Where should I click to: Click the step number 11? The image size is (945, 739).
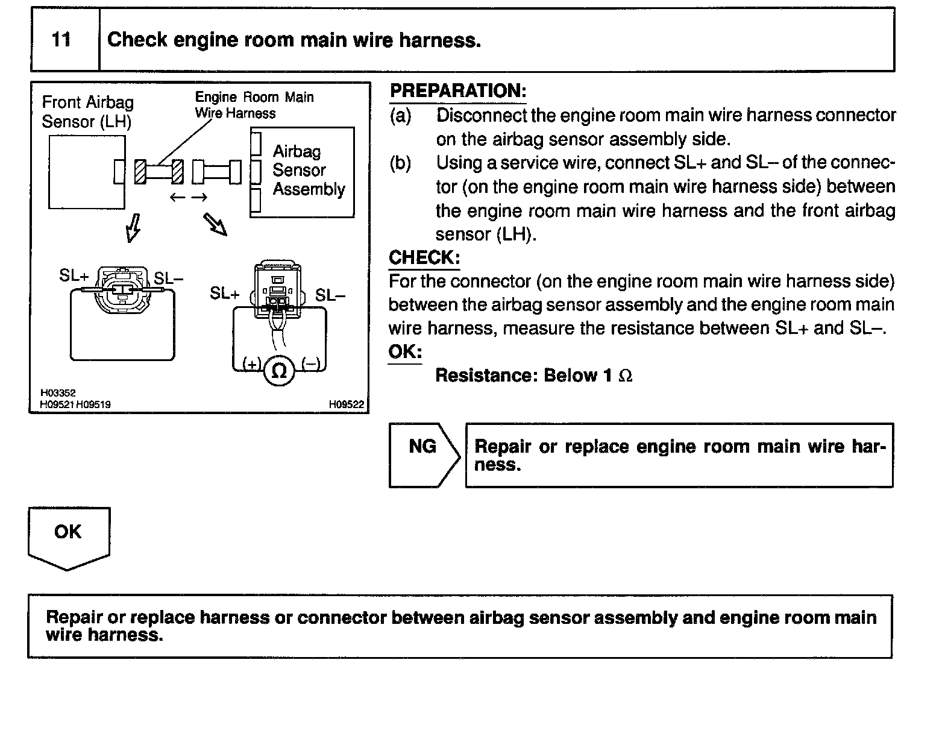click(61, 40)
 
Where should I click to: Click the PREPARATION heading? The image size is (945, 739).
click(458, 91)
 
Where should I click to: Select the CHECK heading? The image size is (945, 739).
click(424, 257)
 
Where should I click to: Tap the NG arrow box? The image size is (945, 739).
click(424, 455)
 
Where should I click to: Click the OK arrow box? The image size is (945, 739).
click(68, 536)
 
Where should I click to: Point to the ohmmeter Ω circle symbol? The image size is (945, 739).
click(278, 370)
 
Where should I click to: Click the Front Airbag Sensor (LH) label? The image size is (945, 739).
click(87, 112)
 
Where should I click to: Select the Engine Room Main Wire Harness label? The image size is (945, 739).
click(254, 105)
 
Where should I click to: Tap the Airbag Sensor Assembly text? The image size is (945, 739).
click(308, 171)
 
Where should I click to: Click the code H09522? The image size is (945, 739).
click(347, 404)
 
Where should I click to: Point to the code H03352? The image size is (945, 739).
click(58, 393)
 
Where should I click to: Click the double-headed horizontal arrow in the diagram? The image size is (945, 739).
click(189, 197)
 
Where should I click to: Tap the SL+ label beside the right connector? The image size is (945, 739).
click(224, 294)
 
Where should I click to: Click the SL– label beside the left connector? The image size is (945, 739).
click(168, 278)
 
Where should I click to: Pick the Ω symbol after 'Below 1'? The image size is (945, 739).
click(626, 376)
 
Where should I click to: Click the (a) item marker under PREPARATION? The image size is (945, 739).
click(400, 115)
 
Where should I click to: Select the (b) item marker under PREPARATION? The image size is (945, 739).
click(400, 163)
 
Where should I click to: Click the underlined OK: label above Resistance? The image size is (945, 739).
click(405, 352)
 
